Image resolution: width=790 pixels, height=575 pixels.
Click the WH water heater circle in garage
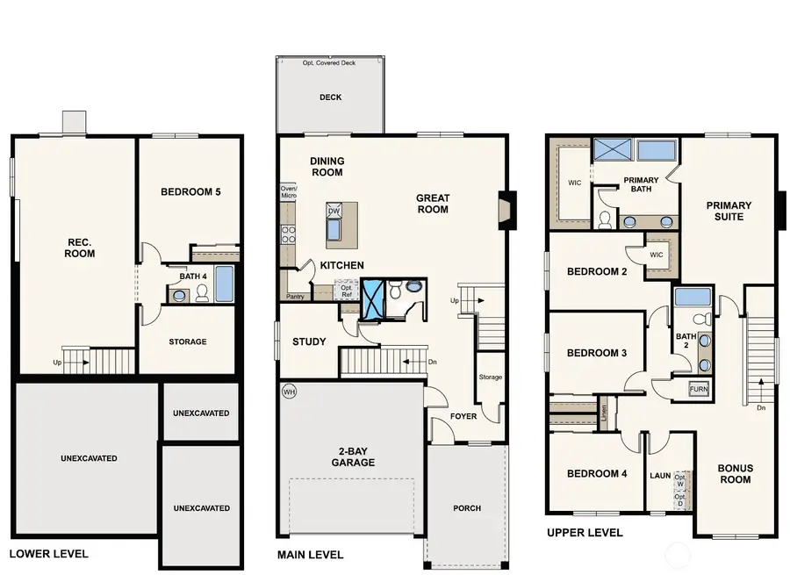click(x=289, y=392)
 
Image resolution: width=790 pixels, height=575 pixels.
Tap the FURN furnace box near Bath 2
click(x=700, y=389)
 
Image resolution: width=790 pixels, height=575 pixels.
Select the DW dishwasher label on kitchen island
click(x=334, y=212)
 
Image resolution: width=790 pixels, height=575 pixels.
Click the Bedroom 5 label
click(x=190, y=191)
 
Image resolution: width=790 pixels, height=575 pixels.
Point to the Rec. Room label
click(x=80, y=248)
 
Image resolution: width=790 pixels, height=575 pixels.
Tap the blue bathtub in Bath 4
click(x=225, y=284)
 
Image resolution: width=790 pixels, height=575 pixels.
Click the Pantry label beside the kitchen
click(x=294, y=297)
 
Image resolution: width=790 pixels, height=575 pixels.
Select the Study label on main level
click(x=309, y=341)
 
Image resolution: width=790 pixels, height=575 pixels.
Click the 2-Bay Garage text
click(x=353, y=456)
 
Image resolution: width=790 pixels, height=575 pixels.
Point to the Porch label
click(x=466, y=508)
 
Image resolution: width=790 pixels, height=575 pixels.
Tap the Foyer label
click(x=463, y=416)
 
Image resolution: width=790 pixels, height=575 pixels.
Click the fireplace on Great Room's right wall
click(x=503, y=211)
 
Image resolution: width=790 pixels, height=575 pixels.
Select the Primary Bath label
click(x=641, y=185)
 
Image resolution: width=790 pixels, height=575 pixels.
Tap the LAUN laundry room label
click(x=659, y=475)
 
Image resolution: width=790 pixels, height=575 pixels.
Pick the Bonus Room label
click(x=735, y=473)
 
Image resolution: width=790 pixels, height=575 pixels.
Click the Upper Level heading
click(x=585, y=533)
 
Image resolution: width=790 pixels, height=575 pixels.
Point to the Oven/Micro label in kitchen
click(x=288, y=192)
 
